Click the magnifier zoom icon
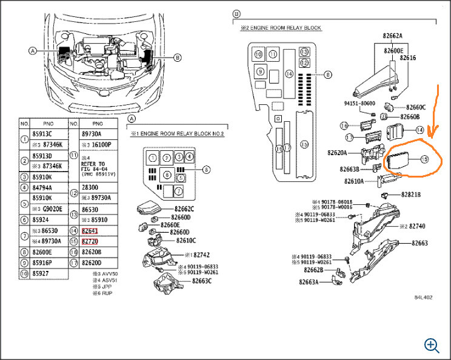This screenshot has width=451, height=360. click(432, 345)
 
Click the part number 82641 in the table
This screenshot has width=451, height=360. click(89, 231)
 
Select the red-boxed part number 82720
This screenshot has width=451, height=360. click(90, 242)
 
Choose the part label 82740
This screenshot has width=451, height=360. click(417, 226)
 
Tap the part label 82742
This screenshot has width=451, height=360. click(200, 255)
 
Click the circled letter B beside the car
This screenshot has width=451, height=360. click(178, 58)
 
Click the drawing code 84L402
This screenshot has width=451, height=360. click(423, 298)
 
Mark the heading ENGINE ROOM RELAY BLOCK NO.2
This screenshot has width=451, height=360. click(175, 133)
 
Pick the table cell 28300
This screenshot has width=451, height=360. click(91, 188)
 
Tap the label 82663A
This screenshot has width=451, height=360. click(309, 281)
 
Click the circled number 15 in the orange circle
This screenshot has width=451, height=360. click(424, 159)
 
